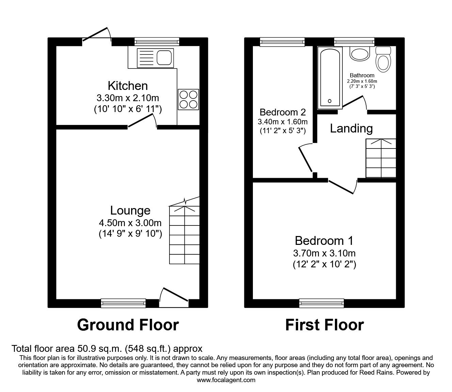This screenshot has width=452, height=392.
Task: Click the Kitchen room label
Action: [128, 85]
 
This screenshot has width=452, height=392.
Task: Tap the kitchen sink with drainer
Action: [155, 58]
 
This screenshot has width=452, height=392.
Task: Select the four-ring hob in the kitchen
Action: [188, 99]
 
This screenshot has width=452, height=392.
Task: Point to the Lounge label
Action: [130, 210]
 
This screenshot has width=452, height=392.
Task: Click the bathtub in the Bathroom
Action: [329, 77]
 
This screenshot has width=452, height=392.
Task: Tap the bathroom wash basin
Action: [360, 54]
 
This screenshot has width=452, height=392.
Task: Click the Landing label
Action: [351, 128]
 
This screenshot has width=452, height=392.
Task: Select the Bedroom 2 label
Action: [282, 112]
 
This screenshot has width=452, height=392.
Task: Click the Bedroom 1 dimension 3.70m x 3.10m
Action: [324, 253]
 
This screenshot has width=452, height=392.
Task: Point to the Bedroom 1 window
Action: [322, 303]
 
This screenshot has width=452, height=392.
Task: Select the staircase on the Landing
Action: [381, 158]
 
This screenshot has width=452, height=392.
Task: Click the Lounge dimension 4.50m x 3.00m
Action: [130, 223]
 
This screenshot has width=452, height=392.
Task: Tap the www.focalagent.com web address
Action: [226, 380]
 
